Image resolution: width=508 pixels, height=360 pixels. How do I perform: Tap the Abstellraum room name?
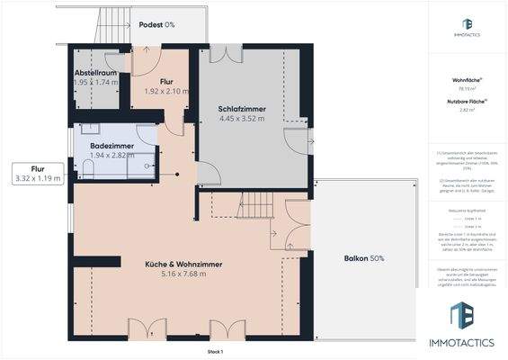click(94, 73)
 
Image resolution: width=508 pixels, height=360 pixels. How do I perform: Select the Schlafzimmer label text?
click(241, 109)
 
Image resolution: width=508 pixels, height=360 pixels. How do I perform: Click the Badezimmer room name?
click(111, 145)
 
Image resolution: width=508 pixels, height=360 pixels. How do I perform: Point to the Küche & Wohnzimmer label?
click(183, 264)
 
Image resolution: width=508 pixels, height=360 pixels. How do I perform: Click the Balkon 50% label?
click(364, 259)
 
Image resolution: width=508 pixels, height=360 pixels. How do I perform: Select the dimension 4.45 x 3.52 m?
click(241, 119)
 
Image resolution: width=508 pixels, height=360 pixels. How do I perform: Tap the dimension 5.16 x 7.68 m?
click(183, 274)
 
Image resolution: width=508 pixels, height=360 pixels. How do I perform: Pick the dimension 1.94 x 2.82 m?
click(111, 155)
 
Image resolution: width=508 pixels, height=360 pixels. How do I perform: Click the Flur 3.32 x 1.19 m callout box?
click(38, 173)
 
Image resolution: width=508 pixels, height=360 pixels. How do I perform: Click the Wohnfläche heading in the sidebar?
click(465, 80)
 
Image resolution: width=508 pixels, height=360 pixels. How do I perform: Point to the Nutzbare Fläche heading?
click(465, 102)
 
